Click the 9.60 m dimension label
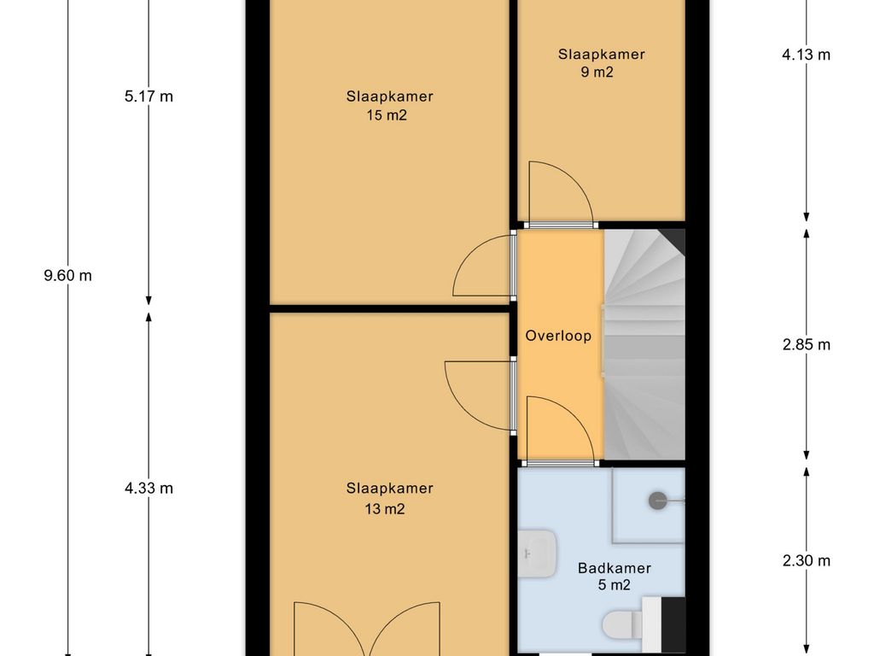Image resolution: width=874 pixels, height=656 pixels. point(68,276)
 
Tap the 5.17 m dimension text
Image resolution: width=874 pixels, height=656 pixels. point(149,97)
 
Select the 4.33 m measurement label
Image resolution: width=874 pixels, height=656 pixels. point(149,489)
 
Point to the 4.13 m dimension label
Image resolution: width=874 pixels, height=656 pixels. point(806,55)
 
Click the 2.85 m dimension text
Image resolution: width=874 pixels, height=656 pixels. point(806,345)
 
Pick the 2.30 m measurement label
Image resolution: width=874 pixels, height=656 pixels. point(806,560)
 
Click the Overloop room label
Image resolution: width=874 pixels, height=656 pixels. point(558,336)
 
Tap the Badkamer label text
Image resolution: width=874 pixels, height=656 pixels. point(615,568)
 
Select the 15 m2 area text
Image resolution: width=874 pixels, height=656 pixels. point(387,115)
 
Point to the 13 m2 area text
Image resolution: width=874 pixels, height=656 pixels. point(385,509)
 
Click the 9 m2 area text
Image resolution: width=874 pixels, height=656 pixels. point(597,72)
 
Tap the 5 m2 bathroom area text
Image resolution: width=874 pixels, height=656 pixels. point(615,585)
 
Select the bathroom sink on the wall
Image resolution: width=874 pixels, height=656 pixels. point(537,553)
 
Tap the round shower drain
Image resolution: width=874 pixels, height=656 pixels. point(658,501)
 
